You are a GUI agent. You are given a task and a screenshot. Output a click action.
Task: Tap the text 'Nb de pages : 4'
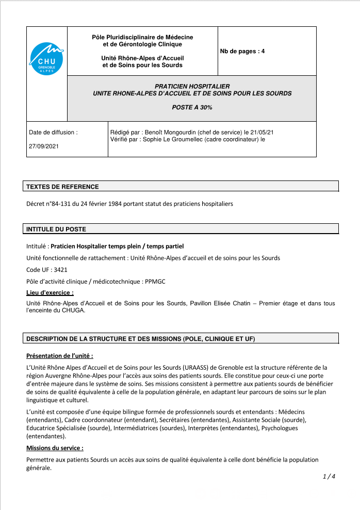point(242,52)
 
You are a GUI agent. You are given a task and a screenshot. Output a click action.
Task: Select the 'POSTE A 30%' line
point(192,107)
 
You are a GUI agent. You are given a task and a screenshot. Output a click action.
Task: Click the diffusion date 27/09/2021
point(44,146)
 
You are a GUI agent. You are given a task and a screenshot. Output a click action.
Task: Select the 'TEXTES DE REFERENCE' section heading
point(62,187)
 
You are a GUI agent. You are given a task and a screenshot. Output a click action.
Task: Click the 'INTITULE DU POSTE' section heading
point(56,229)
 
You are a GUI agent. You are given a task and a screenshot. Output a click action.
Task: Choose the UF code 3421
point(60,270)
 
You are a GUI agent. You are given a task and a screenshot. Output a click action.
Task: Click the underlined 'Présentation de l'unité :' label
point(59,356)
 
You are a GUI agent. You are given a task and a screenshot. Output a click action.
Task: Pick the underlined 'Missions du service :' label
point(55,448)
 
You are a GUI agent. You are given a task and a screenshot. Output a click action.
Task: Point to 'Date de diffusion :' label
point(53,132)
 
